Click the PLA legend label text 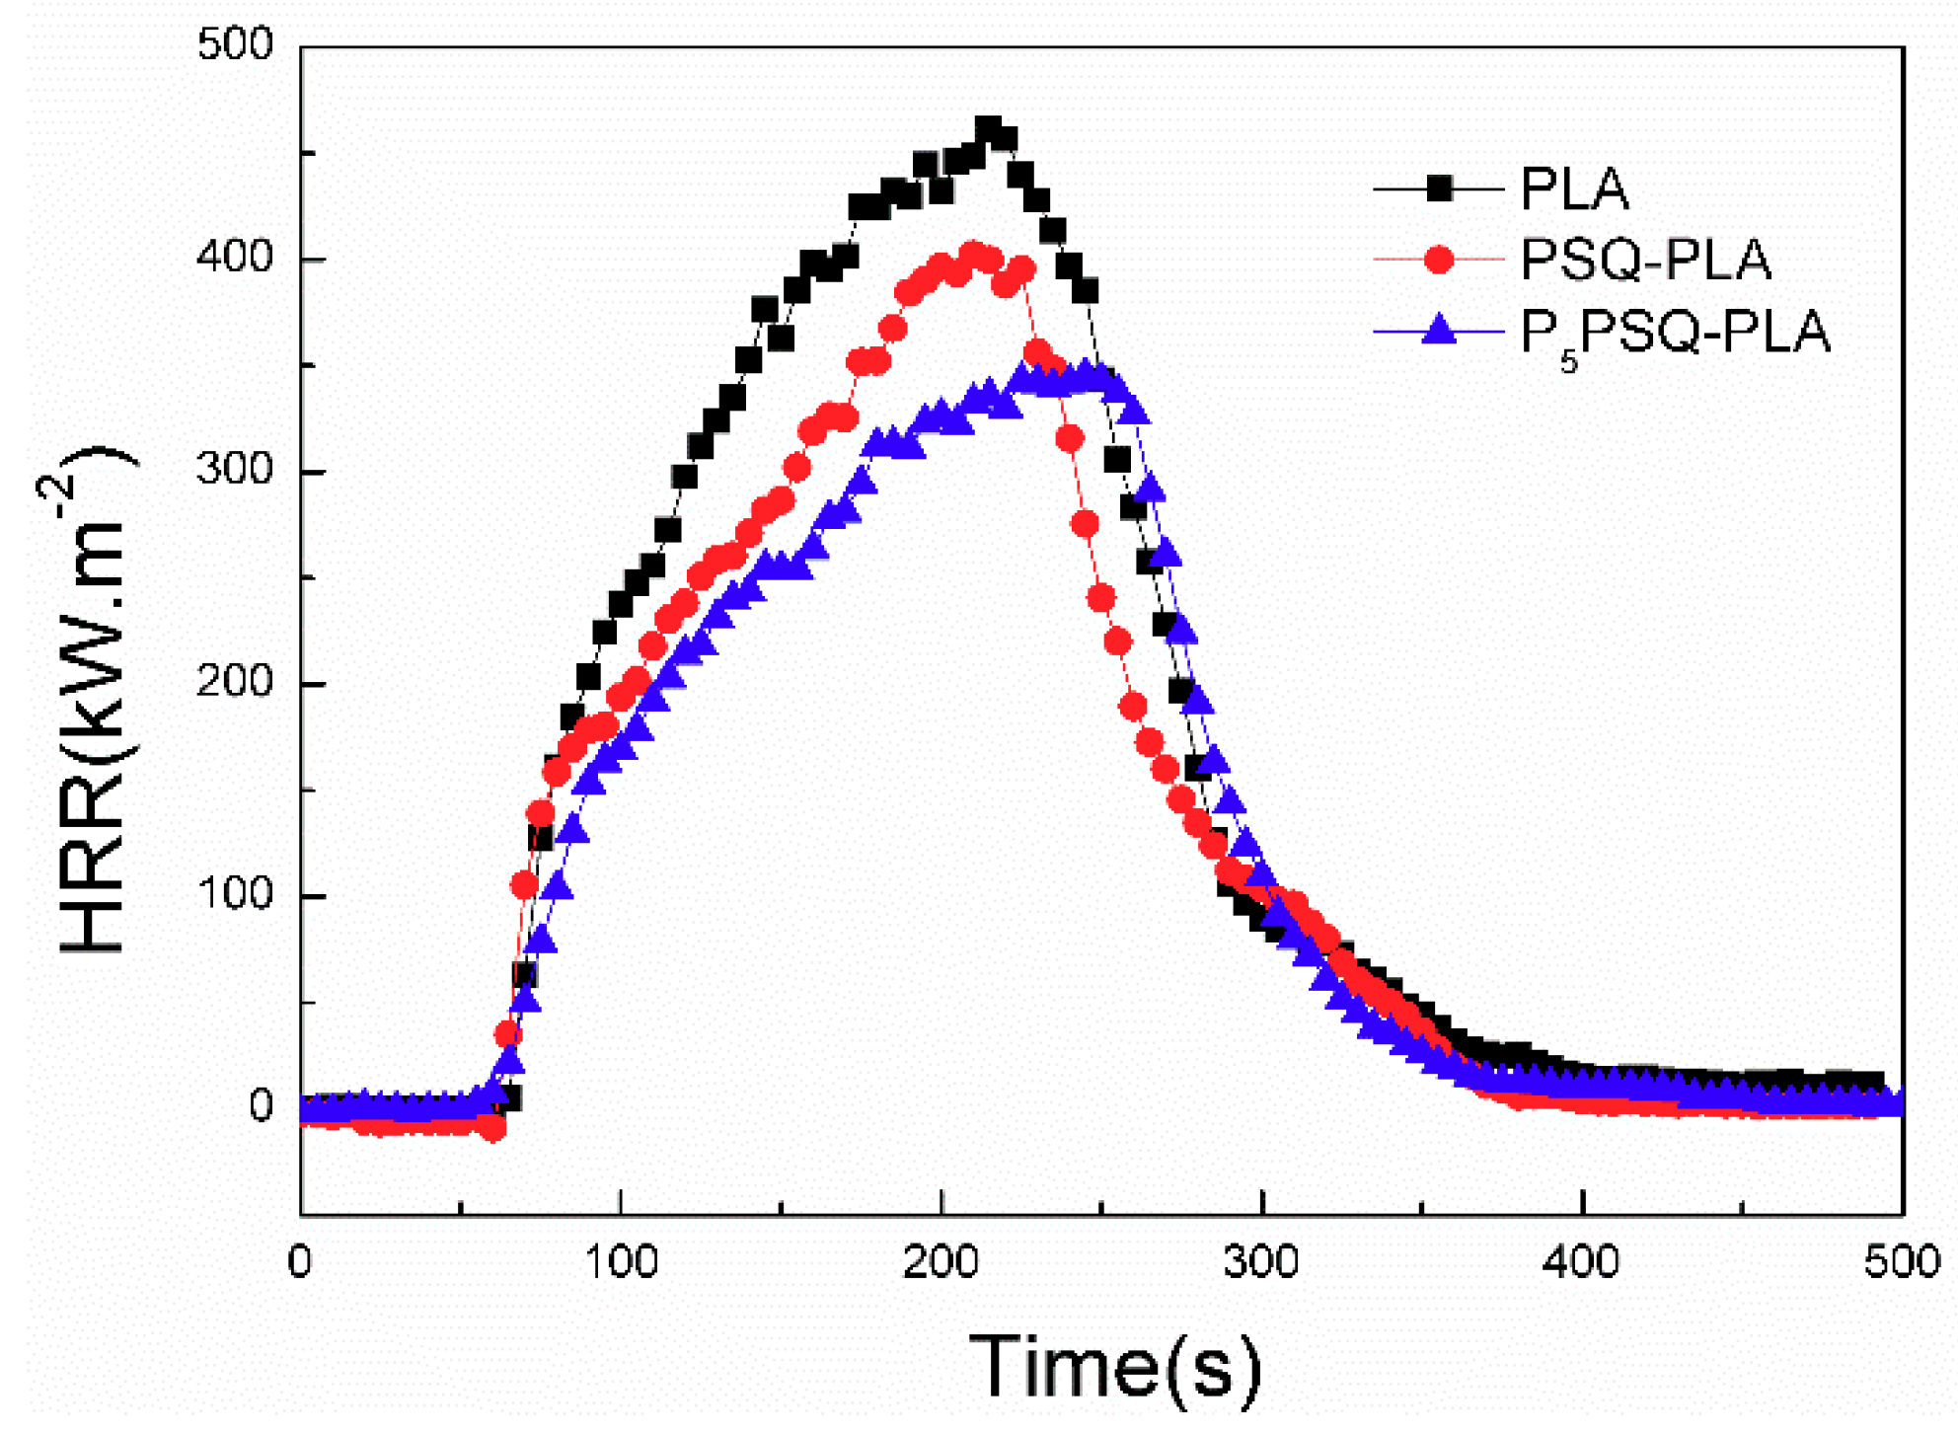click(1573, 189)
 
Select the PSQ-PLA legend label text click(1645, 261)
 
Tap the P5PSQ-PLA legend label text click(1675, 333)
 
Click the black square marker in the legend click(1440, 189)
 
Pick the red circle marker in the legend click(1440, 261)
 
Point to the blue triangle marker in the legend click(1440, 330)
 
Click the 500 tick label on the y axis click(235, 45)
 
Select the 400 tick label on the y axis click(235, 258)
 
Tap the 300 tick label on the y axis click(235, 470)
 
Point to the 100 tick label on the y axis click(235, 894)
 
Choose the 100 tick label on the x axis click(621, 1263)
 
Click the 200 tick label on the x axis click(941, 1263)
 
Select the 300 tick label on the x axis click(1262, 1263)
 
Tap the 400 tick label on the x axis click(1582, 1263)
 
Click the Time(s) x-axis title click(1114, 1367)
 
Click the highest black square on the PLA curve click(988, 129)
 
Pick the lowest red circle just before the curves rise click(493, 1129)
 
